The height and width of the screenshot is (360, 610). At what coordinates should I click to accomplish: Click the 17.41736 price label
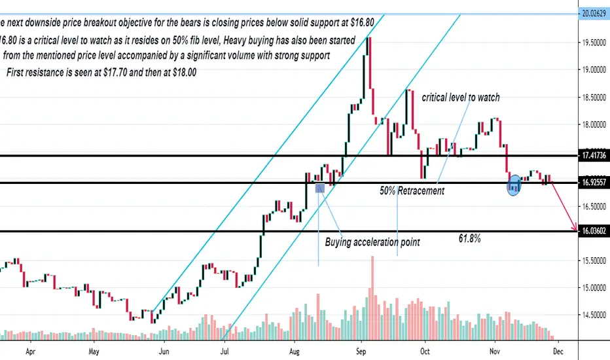(x=593, y=156)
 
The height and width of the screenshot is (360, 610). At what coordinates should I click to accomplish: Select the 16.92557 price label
(x=593, y=183)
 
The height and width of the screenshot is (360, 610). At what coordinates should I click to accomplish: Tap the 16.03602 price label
(x=593, y=231)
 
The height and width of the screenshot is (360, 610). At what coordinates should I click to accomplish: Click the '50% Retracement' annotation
(x=412, y=191)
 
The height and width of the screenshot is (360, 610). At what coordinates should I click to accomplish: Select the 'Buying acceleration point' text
(x=372, y=242)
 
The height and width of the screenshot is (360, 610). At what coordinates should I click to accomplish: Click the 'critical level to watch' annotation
(x=461, y=98)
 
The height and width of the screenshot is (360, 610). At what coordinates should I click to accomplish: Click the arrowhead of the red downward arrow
(x=575, y=230)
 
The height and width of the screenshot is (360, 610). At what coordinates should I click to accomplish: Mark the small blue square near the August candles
(x=320, y=188)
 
